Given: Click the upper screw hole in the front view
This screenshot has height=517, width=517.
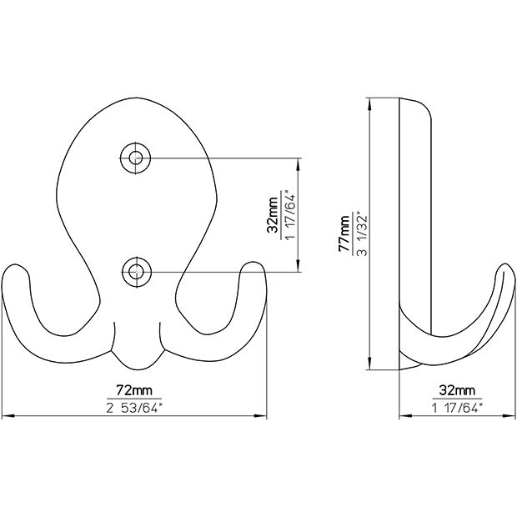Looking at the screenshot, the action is point(135,158).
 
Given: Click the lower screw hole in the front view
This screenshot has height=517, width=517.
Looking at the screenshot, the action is point(135,272).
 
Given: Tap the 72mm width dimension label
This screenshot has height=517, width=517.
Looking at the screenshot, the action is point(134,390).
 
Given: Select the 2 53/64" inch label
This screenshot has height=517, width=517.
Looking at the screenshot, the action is point(134,409).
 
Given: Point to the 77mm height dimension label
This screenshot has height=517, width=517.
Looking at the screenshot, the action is point(344,233).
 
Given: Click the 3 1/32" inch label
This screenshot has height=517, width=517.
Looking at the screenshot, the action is point(362,233).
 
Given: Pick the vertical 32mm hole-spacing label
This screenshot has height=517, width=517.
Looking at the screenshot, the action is point(273,215).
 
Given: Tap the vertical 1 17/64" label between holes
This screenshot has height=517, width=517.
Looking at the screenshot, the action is point(290,215).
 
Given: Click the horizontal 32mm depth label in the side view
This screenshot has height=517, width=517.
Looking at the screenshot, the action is point(457,390).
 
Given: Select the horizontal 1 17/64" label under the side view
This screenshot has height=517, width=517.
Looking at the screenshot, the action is point(457,409).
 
